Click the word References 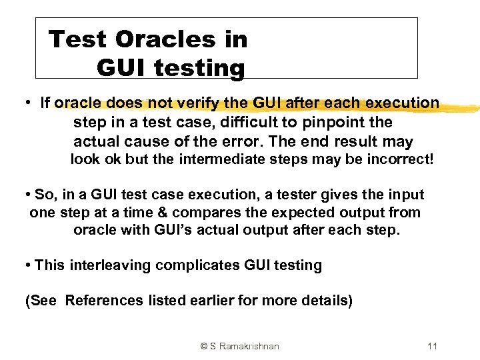tap(104, 301)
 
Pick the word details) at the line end tap(327, 301)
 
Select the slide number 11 tap(431, 346)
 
